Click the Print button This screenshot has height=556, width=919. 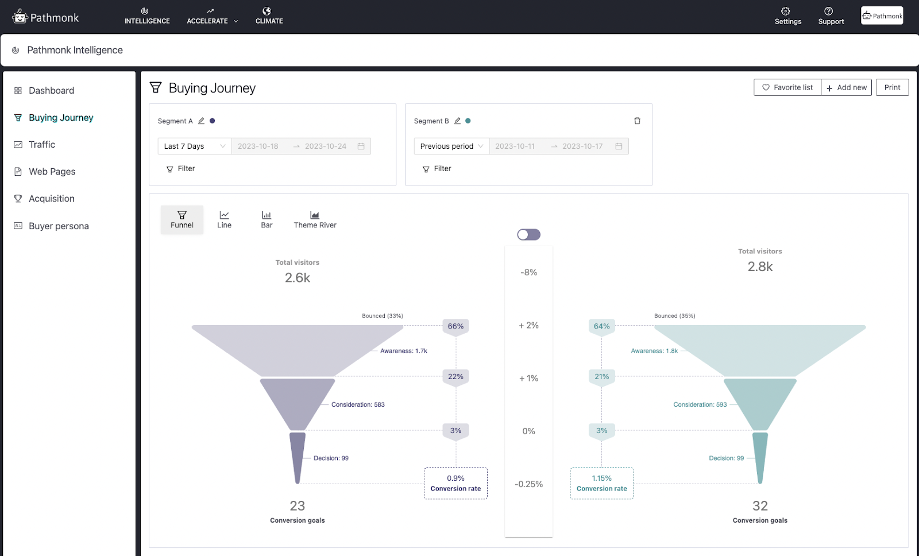tap(892, 87)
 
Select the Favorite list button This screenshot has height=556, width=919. tap(787, 87)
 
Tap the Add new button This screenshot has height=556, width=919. tap(847, 87)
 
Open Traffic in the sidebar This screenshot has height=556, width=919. tap(42, 145)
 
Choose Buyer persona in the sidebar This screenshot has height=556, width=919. tap(59, 226)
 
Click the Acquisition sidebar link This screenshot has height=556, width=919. tap(52, 199)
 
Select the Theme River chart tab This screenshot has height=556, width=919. tap(315, 219)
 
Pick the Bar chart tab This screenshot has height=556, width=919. tap(267, 219)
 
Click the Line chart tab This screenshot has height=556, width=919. tap(224, 219)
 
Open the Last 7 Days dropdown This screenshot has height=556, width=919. tap(194, 146)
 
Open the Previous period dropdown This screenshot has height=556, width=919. tap(451, 146)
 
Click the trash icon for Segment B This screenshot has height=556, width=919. tap(637, 121)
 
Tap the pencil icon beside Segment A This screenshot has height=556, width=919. tap(201, 121)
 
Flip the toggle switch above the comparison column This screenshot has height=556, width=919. tap(528, 234)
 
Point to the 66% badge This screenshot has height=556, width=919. tap(455, 326)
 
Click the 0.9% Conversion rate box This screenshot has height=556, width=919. tap(455, 483)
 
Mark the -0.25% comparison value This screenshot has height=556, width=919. tap(528, 484)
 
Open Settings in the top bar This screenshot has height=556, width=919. tap(787, 16)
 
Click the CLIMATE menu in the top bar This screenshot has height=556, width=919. tap(269, 16)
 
